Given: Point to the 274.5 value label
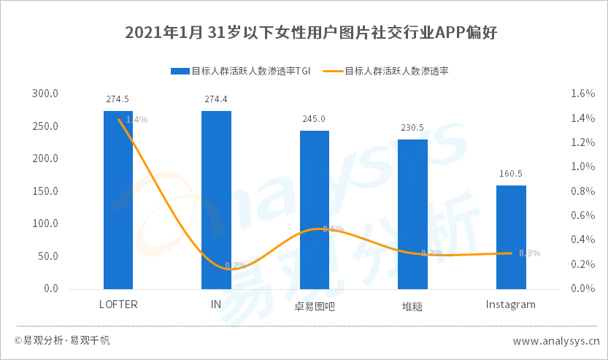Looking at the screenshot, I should point(118,99).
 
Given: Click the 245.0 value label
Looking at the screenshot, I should point(315,118).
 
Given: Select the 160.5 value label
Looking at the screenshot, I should point(511,174).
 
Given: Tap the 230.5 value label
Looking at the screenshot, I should point(412,128).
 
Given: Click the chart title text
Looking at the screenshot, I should point(304,33).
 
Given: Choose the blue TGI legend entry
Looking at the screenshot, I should point(241,72).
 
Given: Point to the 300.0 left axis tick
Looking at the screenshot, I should point(45,93).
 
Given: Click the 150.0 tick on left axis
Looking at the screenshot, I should point(45,191).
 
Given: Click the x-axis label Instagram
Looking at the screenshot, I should point(511,305).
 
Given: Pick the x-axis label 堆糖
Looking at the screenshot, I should point(412,306).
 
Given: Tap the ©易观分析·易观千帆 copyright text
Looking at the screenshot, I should point(62,341).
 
